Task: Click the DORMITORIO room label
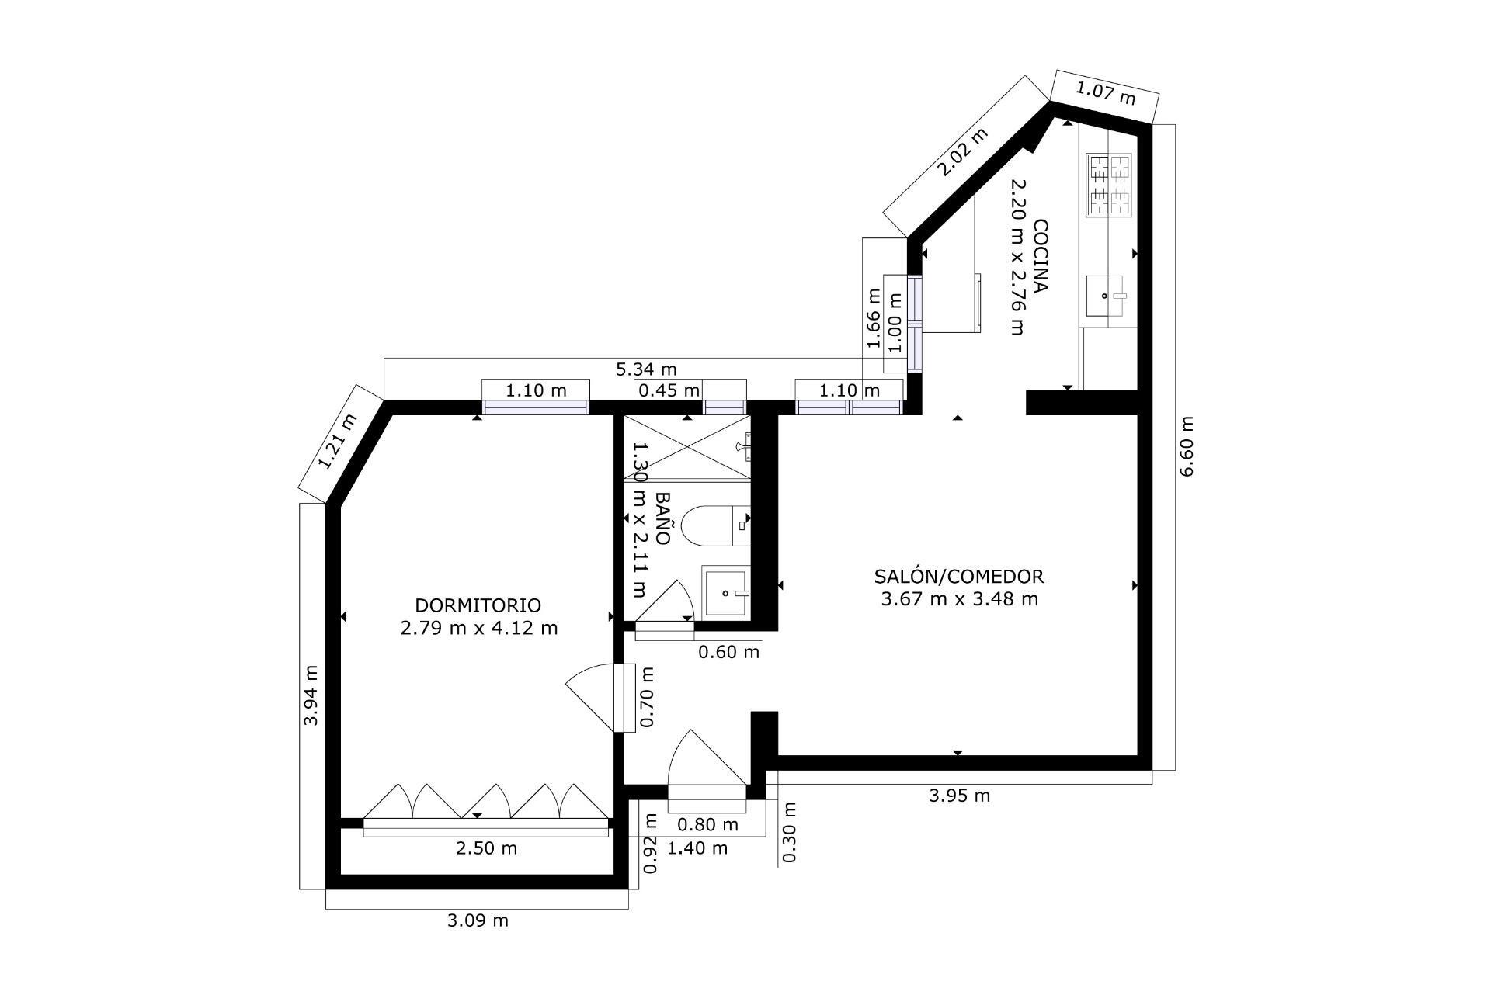point(478,605)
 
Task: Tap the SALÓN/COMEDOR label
point(959,577)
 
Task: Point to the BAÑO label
point(662,518)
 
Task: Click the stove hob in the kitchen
point(1110,185)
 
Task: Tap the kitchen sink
point(1104,296)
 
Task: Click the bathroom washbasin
point(726,593)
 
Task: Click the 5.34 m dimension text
point(646,368)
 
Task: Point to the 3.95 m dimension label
point(960,796)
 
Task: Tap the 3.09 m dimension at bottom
point(478,920)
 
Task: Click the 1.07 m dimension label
point(1105,94)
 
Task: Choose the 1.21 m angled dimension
point(338,442)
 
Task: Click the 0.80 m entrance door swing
point(703,761)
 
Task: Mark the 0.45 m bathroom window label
point(669,390)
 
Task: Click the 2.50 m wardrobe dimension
point(486,848)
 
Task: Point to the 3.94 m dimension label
point(311,695)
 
